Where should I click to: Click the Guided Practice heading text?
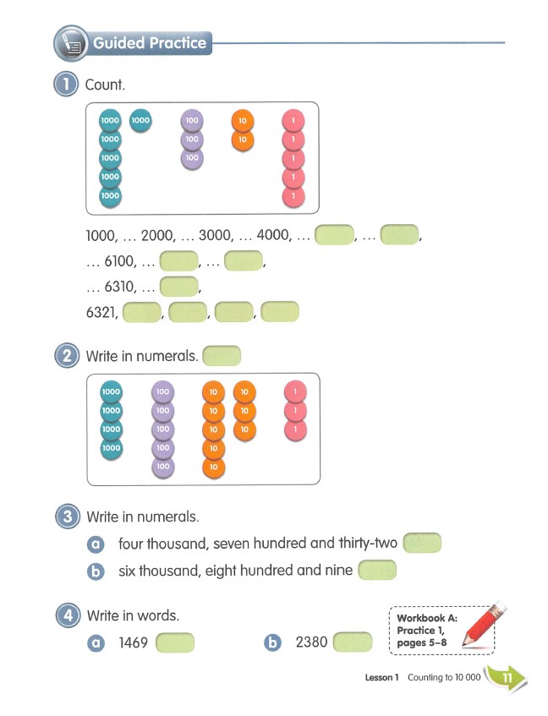tap(150, 43)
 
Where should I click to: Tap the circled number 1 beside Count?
tap(66, 85)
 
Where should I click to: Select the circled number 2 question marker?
tap(67, 355)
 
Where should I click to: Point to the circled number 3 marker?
tap(68, 517)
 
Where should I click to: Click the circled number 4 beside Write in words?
tap(68, 615)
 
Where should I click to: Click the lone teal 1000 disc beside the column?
tap(140, 121)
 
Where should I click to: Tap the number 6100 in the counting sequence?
tap(119, 261)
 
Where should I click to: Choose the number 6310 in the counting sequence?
tap(119, 287)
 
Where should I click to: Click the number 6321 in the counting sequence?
tap(101, 312)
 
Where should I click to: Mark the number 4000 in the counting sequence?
tap(273, 235)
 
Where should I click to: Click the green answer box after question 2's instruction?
tap(222, 356)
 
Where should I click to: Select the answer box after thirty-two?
tap(422, 543)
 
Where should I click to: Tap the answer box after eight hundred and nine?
tap(377, 570)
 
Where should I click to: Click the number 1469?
tap(133, 642)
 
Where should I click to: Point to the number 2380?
tap(311, 642)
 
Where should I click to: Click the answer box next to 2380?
tap(353, 642)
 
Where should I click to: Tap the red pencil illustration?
tap(484, 624)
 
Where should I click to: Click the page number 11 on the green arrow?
tap(507, 678)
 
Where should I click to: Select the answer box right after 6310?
tap(178, 287)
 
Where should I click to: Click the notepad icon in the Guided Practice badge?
tap(71, 43)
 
